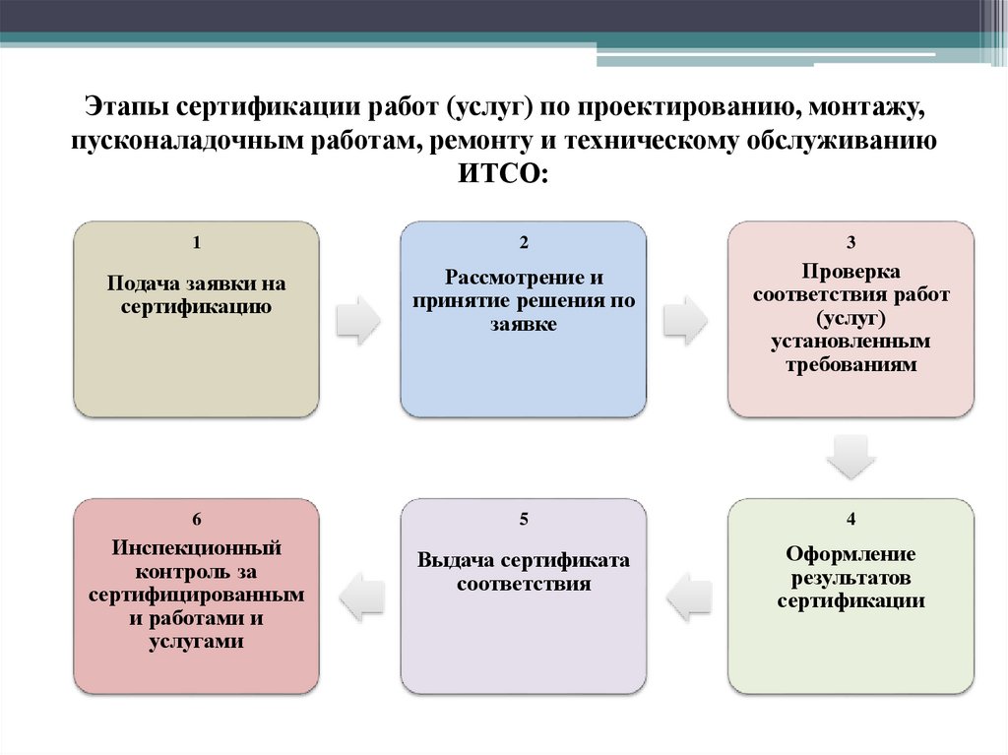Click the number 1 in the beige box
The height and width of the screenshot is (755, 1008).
pos(196,242)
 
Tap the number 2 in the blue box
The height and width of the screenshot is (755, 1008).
pos(524,242)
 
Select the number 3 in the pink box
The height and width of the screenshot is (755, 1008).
pos(850,242)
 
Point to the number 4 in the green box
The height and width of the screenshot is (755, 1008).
pos(850,519)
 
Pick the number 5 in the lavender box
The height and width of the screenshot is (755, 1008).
pos(524,519)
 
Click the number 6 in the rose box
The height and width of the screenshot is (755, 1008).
pos(196,519)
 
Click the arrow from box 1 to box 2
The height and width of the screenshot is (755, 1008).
pos(358,319)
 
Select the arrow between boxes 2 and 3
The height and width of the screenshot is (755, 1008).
pos(686,319)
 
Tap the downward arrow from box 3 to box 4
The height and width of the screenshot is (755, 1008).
pos(850,456)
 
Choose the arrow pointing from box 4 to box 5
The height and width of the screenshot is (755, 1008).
pos(687,596)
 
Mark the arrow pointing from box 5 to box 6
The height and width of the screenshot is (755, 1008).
pos(359,596)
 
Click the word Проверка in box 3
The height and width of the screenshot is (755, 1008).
pos(850,271)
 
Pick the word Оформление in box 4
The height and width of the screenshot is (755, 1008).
pos(850,553)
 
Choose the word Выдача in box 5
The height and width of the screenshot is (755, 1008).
pos(455,561)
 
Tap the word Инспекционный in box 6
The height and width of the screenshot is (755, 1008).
pos(196,547)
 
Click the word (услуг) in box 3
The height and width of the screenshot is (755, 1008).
pos(850,318)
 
